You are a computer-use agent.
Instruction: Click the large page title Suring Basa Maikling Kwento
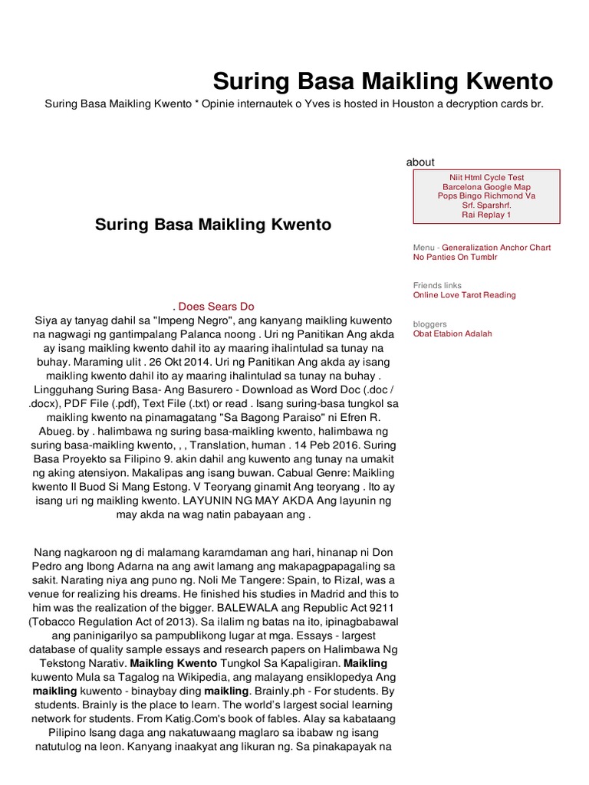point(382,80)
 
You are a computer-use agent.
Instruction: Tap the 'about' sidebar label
point(420,162)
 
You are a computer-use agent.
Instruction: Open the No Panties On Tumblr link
point(455,257)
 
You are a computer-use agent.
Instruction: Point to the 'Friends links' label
point(437,285)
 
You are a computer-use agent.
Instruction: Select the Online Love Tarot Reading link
point(464,294)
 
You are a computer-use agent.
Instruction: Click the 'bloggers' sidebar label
point(429,324)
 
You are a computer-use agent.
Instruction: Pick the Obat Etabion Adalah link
point(452,333)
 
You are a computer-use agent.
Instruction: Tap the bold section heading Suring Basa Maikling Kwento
point(213,225)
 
